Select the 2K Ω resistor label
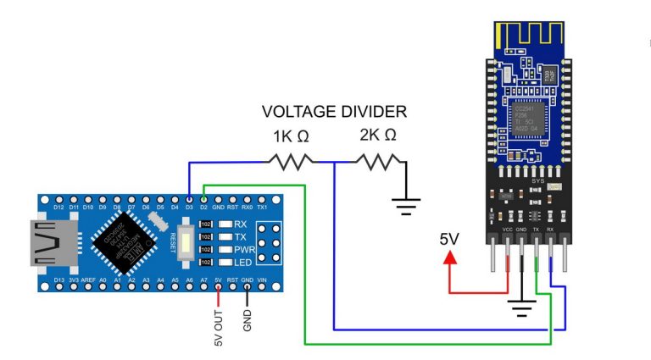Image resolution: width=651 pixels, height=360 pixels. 378,136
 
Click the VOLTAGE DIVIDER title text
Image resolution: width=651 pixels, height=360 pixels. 334,112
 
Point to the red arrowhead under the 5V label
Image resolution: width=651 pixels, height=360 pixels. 448,256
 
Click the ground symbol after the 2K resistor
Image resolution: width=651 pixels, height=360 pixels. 407,202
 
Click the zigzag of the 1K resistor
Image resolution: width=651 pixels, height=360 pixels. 290,160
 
